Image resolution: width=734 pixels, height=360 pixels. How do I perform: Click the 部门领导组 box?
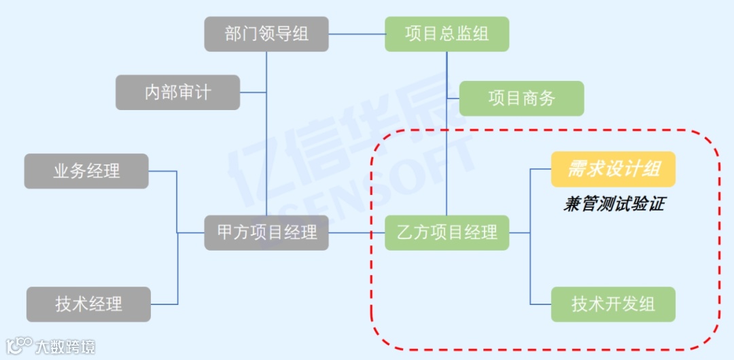point(266,34)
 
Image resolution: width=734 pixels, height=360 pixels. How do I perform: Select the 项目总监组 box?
point(447,34)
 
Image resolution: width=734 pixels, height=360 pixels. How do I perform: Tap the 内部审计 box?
point(177,92)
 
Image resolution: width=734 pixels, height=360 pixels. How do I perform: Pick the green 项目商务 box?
point(521,98)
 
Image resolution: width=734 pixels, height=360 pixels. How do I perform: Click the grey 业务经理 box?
point(86,171)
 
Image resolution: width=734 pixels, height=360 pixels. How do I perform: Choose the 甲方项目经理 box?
point(266,232)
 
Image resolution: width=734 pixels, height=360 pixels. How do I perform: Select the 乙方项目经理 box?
point(447,232)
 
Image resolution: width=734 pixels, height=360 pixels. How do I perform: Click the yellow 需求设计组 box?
point(613,169)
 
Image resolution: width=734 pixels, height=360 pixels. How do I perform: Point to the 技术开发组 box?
point(613,304)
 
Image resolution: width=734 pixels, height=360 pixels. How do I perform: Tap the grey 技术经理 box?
point(88,304)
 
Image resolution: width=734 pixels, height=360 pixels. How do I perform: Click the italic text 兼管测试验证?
point(613,204)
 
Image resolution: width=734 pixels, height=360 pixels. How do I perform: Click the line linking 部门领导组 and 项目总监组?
point(357,34)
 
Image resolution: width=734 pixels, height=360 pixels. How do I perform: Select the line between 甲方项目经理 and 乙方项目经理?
point(357,232)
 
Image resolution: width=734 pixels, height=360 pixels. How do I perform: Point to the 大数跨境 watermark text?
point(65,347)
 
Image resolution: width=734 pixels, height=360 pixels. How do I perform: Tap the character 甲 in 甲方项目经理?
point(226,232)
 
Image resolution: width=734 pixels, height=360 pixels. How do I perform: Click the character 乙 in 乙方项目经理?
point(406,232)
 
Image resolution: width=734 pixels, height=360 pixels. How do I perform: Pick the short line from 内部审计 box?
point(253,92)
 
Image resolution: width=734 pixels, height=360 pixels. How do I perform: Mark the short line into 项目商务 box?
point(453,98)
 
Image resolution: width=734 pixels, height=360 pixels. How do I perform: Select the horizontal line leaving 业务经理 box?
point(162,171)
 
